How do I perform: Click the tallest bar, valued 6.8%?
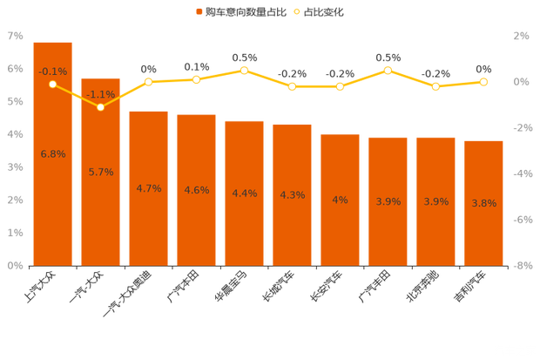click(53, 153)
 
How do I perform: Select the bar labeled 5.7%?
click(101, 171)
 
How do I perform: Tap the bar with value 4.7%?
click(149, 187)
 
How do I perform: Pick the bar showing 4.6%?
click(196, 189)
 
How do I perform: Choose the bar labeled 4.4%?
click(245, 192)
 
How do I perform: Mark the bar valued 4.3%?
click(292, 194)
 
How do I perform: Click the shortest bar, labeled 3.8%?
click(483, 201)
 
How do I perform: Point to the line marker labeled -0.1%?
click(53, 85)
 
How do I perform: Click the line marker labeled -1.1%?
click(101, 107)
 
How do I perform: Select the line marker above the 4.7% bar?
click(149, 82)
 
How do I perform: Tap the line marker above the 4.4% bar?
click(245, 70)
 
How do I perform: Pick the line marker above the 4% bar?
click(340, 87)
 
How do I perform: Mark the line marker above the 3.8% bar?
click(483, 82)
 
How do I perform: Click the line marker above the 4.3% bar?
click(292, 87)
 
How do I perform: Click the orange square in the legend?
click(199, 12)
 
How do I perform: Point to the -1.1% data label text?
click(101, 94)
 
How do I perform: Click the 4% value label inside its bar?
click(340, 200)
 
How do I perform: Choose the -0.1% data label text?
click(53, 71)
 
